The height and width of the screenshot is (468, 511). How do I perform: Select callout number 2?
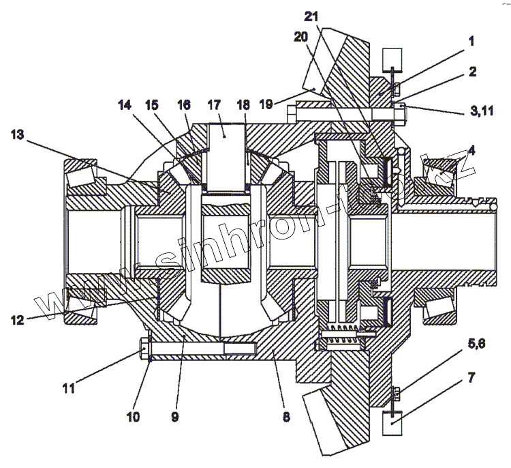click(x=471, y=70)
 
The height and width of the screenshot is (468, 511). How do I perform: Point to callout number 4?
click(x=471, y=149)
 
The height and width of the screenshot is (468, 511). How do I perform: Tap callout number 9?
click(x=174, y=416)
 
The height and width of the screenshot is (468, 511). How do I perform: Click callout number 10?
click(x=133, y=416)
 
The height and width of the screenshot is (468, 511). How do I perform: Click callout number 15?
click(x=151, y=106)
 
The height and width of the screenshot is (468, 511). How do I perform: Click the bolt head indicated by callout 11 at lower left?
click(x=144, y=350)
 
